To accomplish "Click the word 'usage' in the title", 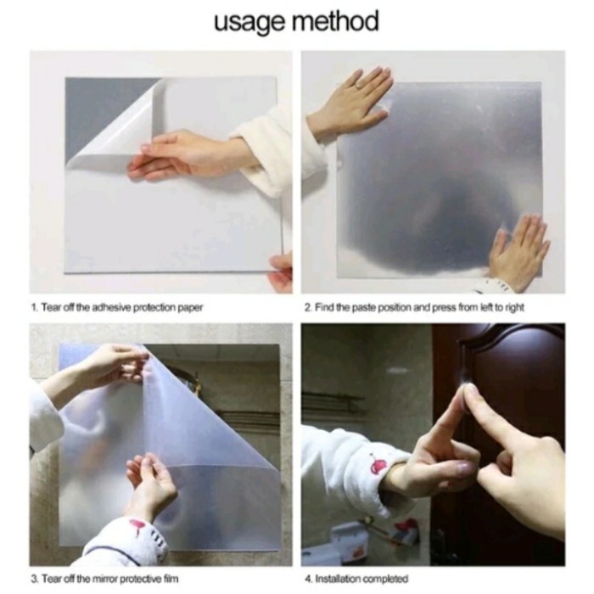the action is (x=251, y=22).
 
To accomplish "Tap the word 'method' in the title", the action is (x=335, y=20).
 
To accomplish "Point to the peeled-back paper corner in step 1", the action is (x=114, y=125).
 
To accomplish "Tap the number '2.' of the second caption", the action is (x=308, y=307).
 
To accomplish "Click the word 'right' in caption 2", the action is (x=514, y=307).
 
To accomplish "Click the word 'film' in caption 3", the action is (x=171, y=579).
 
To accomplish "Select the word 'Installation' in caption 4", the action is (x=338, y=579).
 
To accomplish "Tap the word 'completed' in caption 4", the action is (x=385, y=580).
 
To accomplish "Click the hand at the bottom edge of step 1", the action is (x=280, y=271).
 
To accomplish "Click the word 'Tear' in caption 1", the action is (x=48, y=307).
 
